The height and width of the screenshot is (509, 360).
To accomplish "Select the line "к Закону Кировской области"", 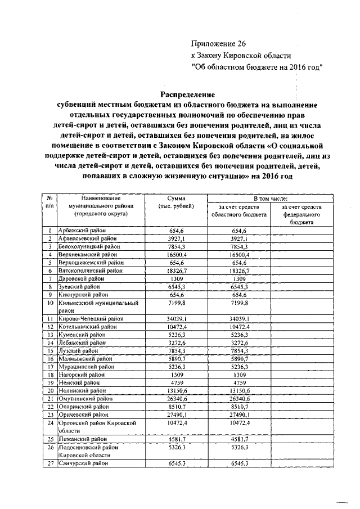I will pos(241,55).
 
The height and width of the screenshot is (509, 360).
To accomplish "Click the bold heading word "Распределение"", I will pos(187,94).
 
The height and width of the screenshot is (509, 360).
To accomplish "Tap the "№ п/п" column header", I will pos(49,202).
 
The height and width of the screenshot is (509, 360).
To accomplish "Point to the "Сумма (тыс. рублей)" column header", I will pos(177,202).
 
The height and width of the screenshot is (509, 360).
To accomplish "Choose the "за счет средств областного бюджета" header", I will pos(239,211).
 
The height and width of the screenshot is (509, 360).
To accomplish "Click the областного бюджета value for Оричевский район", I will pos(239,413).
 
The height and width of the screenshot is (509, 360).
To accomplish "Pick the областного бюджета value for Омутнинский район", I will pos(239,398).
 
